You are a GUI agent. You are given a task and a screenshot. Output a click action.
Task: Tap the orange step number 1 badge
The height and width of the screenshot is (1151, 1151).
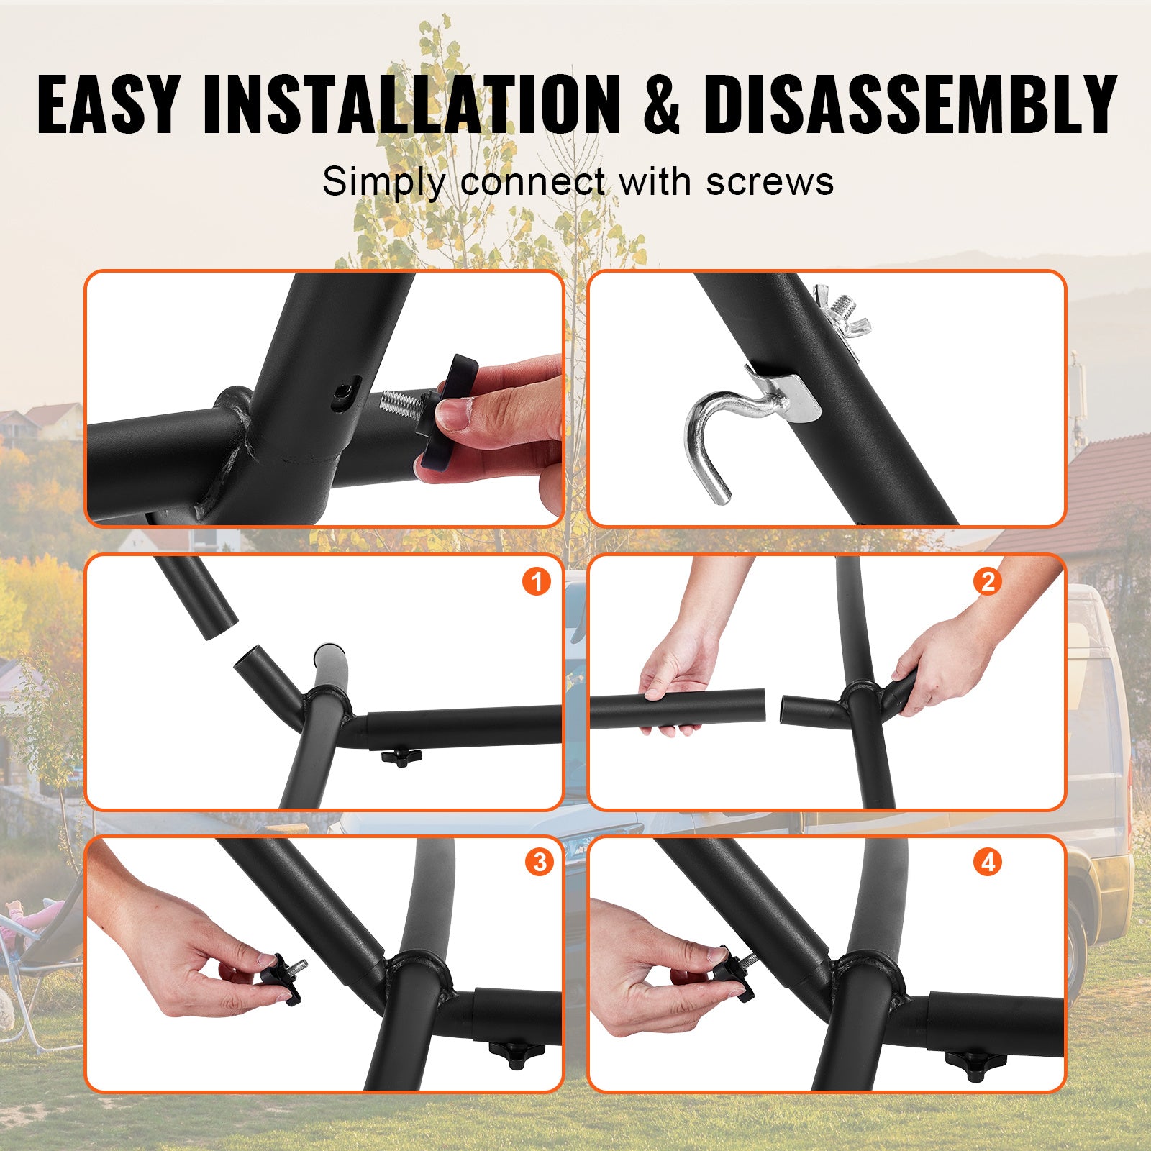(536, 581)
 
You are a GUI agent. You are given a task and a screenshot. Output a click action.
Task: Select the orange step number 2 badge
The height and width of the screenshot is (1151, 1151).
(987, 581)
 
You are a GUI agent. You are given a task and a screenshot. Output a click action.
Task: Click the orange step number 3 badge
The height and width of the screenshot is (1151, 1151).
(539, 861)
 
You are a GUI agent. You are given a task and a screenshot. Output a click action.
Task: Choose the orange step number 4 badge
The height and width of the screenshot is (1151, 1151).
(988, 861)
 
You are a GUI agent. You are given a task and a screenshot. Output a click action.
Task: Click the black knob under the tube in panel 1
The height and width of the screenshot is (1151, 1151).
(401, 756)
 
